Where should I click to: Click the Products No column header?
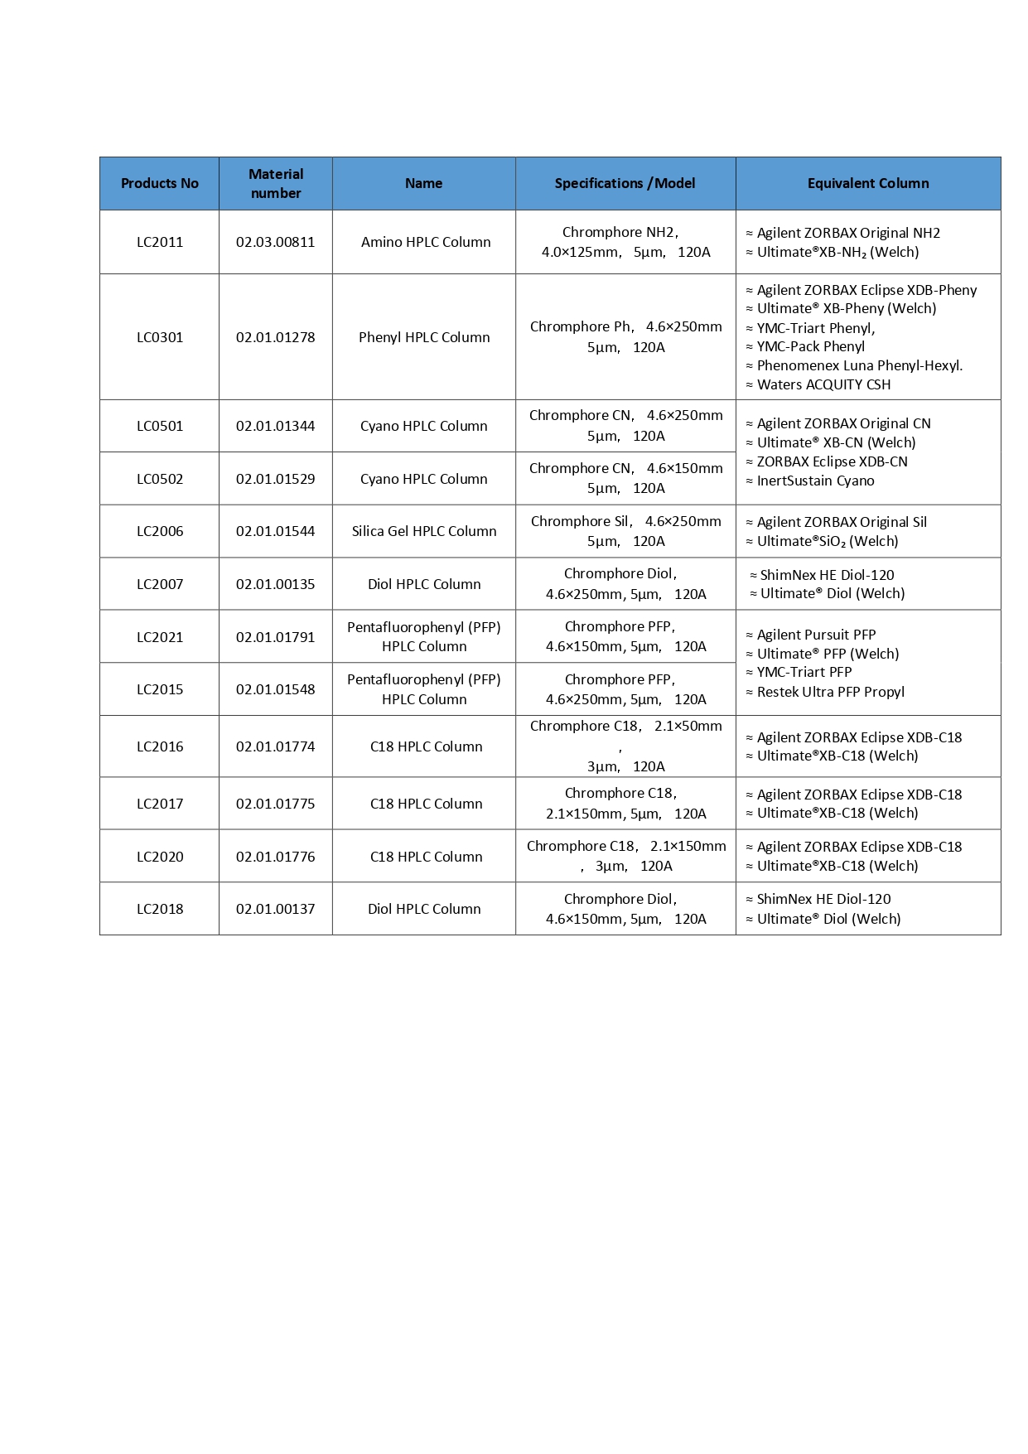[160, 183]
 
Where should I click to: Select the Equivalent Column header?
[868, 183]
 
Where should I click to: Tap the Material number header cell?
[276, 183]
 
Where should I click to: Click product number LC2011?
[160, 242]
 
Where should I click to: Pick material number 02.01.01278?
[276, 337]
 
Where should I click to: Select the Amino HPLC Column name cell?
[426, 242]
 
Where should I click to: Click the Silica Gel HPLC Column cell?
[424, 531]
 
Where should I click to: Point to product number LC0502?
[160, 479]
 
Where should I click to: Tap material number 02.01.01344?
[276, 426]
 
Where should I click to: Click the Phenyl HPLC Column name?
[424, 337]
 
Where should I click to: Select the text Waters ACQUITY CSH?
[823, 384]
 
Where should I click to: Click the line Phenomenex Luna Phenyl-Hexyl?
[859, 365]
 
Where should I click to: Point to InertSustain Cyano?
[815, 481]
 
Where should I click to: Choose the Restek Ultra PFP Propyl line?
[830, 692]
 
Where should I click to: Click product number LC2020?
[160, 857]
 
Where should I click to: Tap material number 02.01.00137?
[276, 909]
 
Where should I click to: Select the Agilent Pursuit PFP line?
[816, 635]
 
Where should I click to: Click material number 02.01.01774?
[276, 746]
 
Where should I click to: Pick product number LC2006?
[160, 531]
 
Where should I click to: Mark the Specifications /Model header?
[625, 183]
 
